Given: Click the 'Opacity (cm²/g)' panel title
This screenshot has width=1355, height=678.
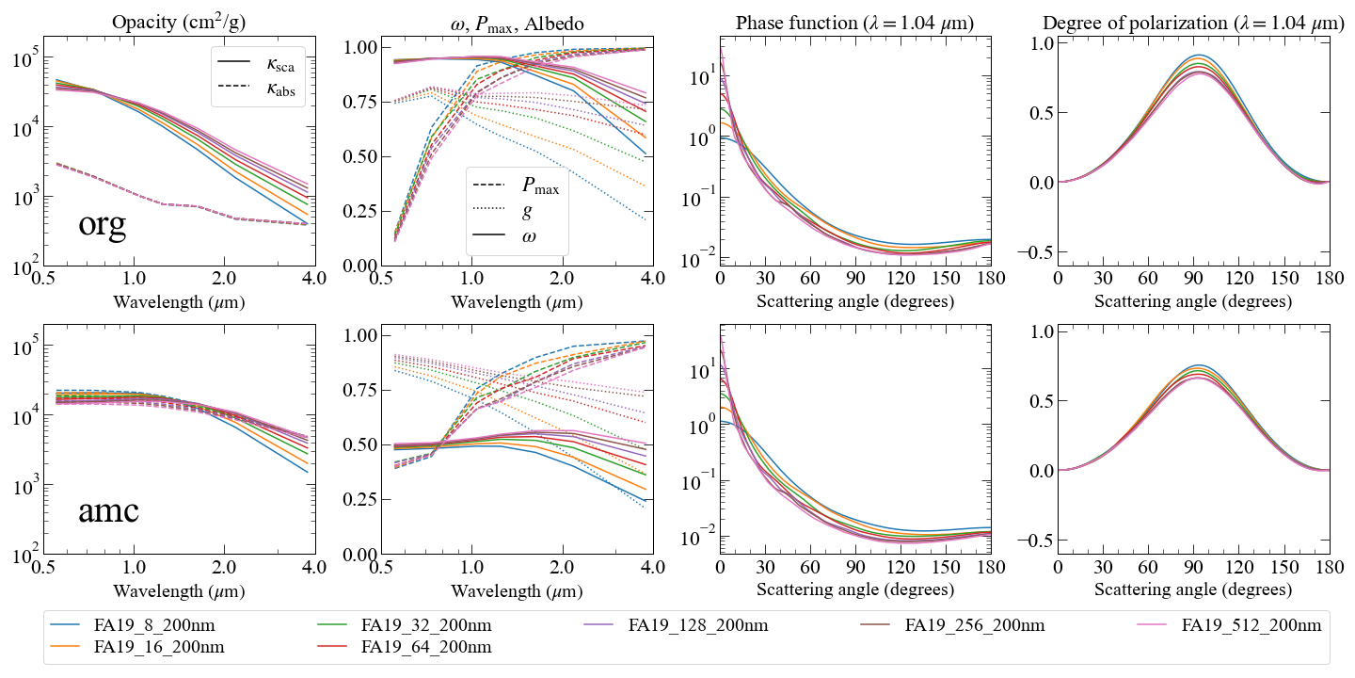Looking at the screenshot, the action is click(x=179, y=23).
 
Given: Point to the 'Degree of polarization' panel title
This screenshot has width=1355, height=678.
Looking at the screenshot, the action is click(x=1193, y=23).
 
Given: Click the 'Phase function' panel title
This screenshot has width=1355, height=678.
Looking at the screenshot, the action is click(x=854, y=23).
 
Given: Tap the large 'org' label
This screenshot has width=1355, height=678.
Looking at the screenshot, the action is click(x=103, y=224).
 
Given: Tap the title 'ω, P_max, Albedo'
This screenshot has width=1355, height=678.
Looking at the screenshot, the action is click(x=517, y=24).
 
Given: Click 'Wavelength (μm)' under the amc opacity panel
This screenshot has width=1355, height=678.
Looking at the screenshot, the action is click(x=179, y=590).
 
